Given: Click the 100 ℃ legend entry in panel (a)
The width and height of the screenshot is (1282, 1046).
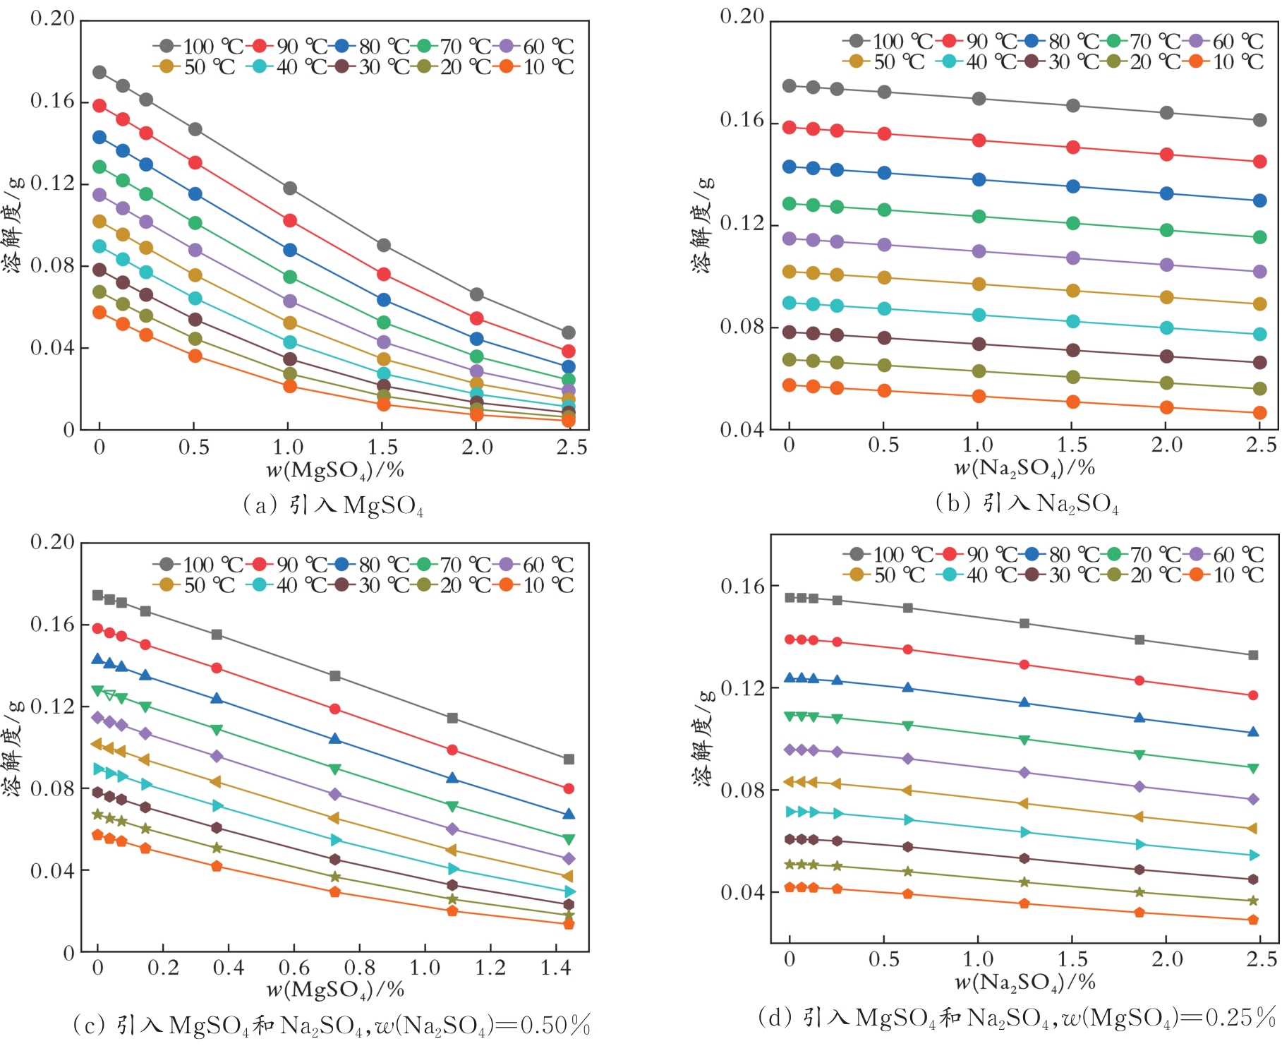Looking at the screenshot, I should pos(198,47).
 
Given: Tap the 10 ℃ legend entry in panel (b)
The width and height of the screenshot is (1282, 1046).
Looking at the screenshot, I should pos(1227,62).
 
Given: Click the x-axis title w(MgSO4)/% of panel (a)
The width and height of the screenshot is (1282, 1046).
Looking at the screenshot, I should pos(334,470).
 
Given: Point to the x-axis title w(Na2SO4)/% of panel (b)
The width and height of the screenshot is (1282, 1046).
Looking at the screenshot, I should pos(1024,467).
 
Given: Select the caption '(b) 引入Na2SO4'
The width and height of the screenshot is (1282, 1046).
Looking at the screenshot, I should pos(1027,503).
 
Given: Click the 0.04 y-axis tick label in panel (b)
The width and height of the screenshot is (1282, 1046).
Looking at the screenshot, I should pos(742,429).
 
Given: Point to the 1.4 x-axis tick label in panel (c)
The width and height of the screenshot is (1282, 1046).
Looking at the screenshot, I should pos(555,968).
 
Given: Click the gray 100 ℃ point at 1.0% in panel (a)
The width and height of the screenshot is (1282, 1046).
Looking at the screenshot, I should pos(289,188).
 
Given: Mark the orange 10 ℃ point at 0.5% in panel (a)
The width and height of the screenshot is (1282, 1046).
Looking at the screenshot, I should pos(195,356).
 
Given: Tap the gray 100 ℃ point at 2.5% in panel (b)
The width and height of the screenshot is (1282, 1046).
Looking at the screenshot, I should pos(1259,121).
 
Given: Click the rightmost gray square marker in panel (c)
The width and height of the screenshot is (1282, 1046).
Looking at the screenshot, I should pos(569,759).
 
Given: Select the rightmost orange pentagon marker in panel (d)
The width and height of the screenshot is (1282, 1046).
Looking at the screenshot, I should pos(1253,920).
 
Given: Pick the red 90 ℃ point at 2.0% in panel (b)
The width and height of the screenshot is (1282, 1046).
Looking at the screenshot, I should pos(1166,155).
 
